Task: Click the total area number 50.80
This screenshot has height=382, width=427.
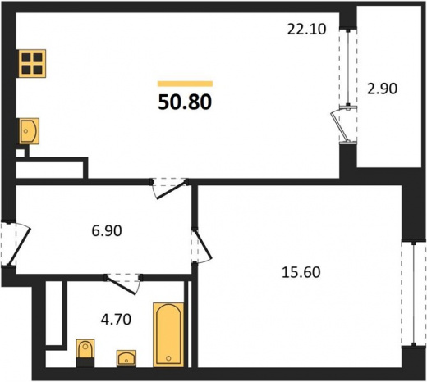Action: click(x=185, y=102)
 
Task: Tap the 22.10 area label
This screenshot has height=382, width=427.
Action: click(x=306, y=30)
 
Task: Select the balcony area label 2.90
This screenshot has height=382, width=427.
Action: click(x=382, y=89)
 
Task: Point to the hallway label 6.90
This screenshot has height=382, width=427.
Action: click(x=107, y=231)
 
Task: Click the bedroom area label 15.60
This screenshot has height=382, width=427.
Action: click(x=301, y=272)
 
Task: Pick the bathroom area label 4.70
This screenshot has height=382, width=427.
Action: click(x=116, y=320)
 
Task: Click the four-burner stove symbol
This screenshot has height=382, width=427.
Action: click(x=32, y=63)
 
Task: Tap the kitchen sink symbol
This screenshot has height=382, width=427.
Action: click(x=29, y=131)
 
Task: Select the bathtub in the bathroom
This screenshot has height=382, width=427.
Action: click(x=168, y=334)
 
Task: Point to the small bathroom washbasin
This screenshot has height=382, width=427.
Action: click(x=126, y=358)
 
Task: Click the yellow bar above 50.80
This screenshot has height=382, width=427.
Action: click(x=185, y=84)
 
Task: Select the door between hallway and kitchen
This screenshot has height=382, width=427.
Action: click(x=172, y=189)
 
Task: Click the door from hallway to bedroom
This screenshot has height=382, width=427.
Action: click(x=203, y=244)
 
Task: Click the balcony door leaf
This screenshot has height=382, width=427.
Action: click(x=340, y=126)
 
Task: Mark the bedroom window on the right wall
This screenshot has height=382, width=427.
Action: click(x=414, y=293)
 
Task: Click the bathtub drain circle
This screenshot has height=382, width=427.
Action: click(x=168, y=358)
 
